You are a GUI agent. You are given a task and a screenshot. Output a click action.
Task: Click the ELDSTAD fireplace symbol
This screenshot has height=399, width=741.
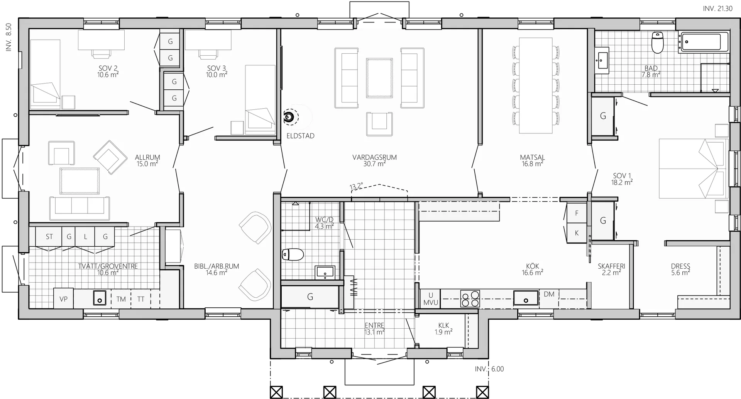pyautogui.click(x=288, y=117)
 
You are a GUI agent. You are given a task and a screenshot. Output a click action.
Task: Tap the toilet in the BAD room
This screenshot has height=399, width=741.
pyautogui.click(x=657, y=43)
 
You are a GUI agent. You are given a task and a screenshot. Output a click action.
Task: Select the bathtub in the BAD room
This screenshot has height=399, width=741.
pyautogui.click(x=704, y=42)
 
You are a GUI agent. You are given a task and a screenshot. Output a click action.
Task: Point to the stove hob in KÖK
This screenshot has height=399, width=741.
pyautogui.click(x=470, y=298)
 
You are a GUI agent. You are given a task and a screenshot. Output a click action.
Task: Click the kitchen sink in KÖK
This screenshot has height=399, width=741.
pyautogui.click(x=526, y=298)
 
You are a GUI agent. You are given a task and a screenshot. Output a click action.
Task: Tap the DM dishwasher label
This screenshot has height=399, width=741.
pyautogui.click(x=549, y=294)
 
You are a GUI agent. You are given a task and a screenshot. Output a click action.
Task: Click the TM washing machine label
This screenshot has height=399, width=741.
pyautogui.click(x=121, y=299)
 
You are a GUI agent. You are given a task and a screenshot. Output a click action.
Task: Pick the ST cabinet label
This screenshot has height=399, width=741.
pyautogui.click(x=49, y=237)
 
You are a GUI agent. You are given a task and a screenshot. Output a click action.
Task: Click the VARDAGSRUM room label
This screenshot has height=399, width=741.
pyautogui.click(x=374, y=157)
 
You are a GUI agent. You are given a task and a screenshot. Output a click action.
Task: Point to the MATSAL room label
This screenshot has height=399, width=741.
pyautogui.click(x=532, y=157)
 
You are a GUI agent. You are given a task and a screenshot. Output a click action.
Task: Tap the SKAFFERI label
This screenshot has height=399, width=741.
pyautogui.click(x=611, y=266)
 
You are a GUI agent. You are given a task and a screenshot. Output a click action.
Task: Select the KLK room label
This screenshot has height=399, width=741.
pyautogui.click(x=443, y=326)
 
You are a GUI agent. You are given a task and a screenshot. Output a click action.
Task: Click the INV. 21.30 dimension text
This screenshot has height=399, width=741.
pyautogui.click(x=717, y=9)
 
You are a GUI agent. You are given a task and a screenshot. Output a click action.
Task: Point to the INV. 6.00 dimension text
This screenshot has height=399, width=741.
pyautogui.click(x=489, y=369)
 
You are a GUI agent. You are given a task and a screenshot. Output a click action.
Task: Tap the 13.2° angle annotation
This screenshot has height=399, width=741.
pyautogui.click(x=356, y=186)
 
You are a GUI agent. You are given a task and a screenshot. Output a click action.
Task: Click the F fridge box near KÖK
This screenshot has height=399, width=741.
pyautogui.click(x=577, y=213)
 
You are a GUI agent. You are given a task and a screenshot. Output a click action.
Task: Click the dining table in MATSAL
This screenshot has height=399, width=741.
pyautogui.click(x=536, y=85)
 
